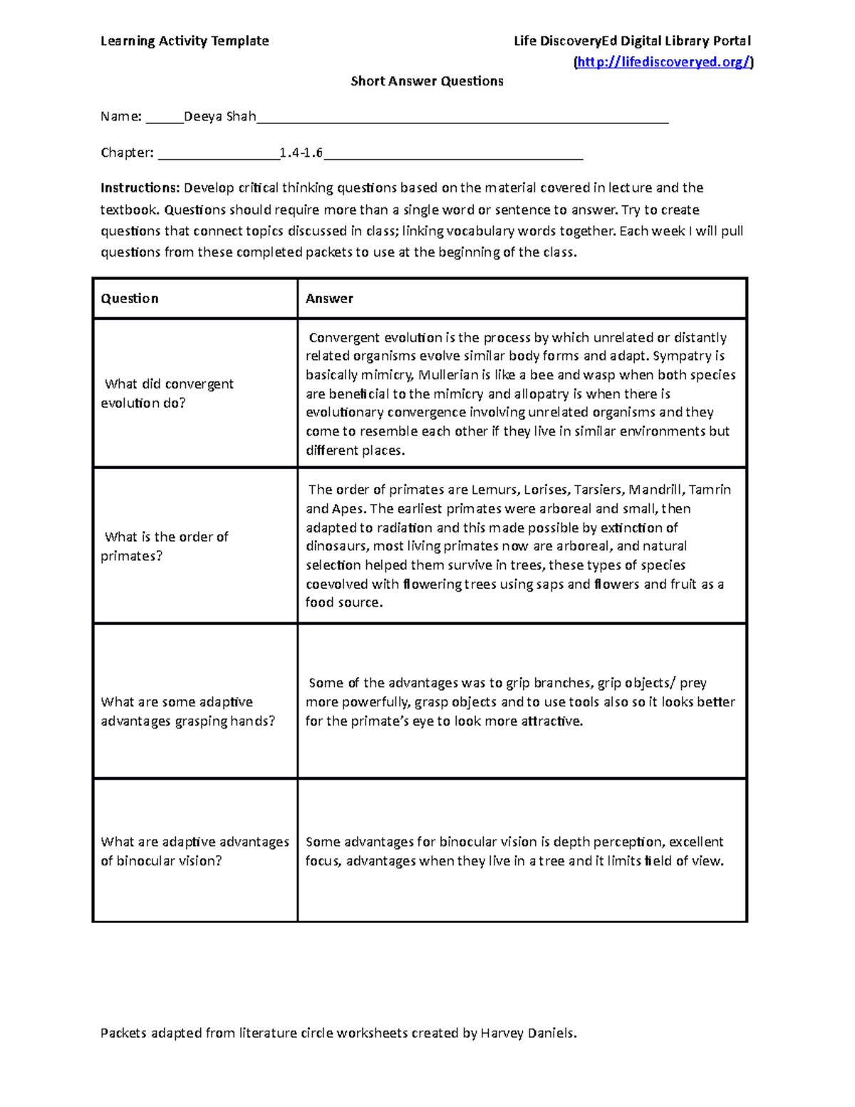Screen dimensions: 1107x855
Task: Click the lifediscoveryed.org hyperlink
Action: [663, 62]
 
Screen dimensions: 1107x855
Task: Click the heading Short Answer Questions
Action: [427, 81]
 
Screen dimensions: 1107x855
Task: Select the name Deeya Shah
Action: [219, 116]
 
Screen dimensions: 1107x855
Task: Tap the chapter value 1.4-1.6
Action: [301, 153]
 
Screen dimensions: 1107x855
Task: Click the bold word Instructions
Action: [140, 188]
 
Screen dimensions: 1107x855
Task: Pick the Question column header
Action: [130, 299]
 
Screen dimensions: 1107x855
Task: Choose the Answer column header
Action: [329, 299]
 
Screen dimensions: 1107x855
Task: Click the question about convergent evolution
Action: [168, 393]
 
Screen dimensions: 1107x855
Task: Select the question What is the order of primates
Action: [165, 546]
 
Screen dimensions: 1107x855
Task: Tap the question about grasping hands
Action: [187, 711]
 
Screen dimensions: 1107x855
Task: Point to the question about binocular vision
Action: [194, 851]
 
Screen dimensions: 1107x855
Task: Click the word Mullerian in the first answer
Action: [448, 375]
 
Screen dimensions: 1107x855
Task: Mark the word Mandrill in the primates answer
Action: [655, 490]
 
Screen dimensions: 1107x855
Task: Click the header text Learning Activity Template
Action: [185, 41]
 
